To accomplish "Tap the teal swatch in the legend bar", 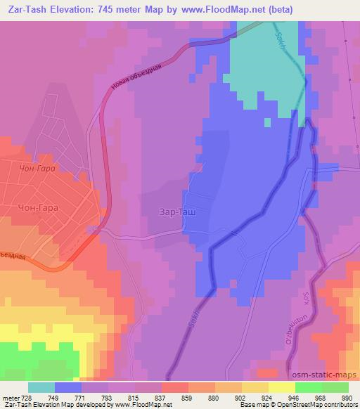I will click(41, 387).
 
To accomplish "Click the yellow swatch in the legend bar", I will click(281, 387).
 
